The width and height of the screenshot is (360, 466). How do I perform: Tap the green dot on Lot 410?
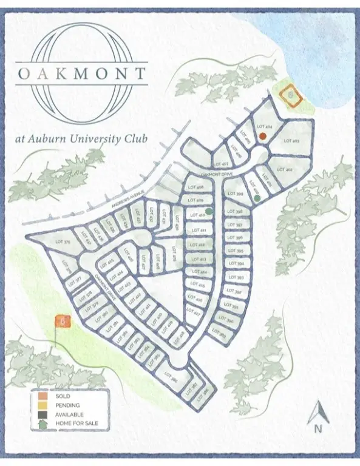pyautogui.click(x=209, y=211)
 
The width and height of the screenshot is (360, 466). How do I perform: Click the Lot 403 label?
pyautogui.click(x=292, y=141)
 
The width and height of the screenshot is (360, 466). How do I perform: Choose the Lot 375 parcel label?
pyautogui.click(x=46, y=241)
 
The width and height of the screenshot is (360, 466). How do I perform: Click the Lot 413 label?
pyautogui.click(x=197, y=260)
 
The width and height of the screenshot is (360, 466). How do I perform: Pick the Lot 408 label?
pyautogui.click(x=195, y=187)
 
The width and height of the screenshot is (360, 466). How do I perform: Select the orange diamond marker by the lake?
pyautogui.click(x=293, y=95)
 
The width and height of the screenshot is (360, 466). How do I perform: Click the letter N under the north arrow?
pyautogui.click(x=317, y=428)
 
